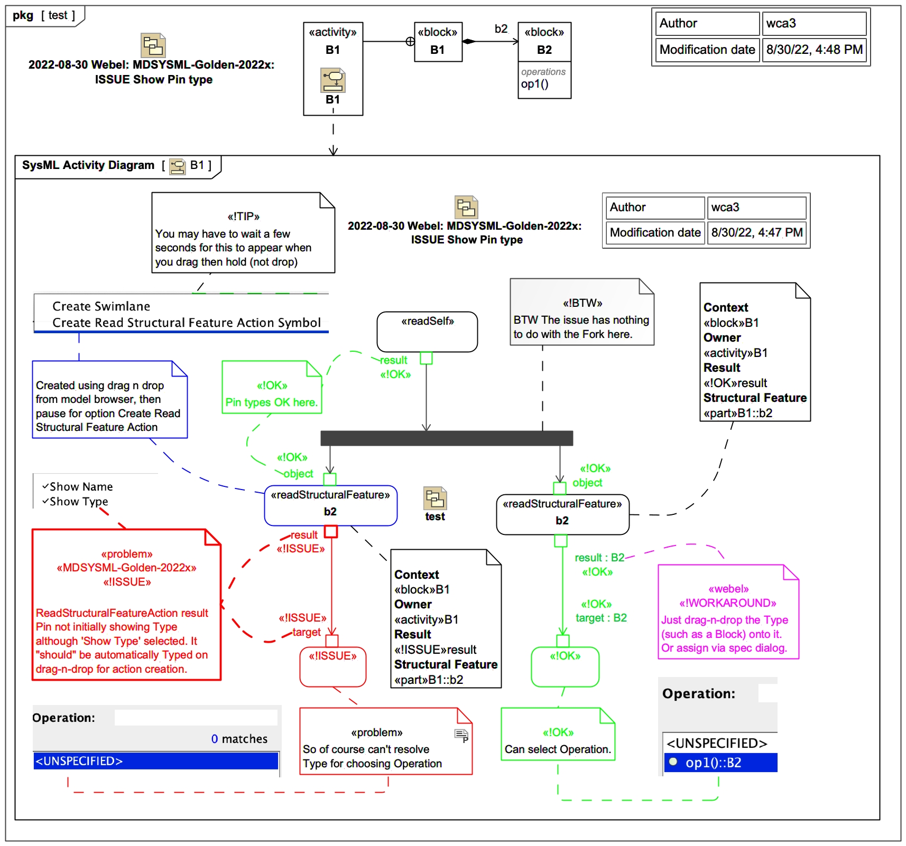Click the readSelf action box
point(427,331)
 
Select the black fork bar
point(447,438)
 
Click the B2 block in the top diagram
point(544,42)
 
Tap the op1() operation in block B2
point(534,84)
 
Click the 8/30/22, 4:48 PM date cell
point(814,50)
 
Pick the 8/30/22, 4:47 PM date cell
point(756,232)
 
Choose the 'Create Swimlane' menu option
point(101,306)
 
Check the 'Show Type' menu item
point(79,502)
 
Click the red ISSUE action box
point(333,666)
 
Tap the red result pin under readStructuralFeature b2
point(331,531)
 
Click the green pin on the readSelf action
point(426,358)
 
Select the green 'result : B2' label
point(599,558)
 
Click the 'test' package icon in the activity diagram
point(435,499)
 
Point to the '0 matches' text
point(239,739)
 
